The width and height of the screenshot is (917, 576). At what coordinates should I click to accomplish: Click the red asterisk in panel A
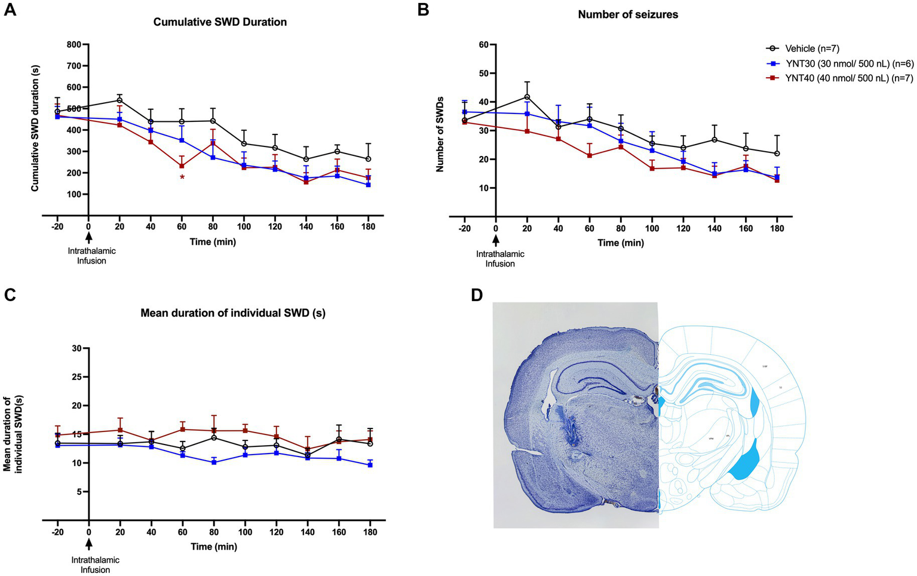182,178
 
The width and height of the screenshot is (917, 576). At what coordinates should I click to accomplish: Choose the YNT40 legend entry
839,78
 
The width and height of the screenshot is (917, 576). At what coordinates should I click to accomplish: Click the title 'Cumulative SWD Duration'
220,22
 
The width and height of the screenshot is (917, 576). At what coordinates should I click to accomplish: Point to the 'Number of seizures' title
628,14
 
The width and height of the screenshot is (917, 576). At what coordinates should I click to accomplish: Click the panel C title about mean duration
233,312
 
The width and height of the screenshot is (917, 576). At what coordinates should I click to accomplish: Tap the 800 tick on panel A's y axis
75,44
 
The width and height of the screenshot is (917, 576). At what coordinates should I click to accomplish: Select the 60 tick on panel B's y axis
484,45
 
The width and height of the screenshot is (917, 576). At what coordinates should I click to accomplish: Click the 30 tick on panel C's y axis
76,348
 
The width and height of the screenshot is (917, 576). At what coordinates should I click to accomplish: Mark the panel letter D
476,295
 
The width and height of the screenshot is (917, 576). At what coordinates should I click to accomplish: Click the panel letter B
423,10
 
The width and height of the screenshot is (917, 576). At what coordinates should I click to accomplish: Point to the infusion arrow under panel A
88,237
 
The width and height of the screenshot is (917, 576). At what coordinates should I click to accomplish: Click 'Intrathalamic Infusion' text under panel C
96,565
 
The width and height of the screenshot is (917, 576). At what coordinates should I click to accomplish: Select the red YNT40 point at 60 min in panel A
182,166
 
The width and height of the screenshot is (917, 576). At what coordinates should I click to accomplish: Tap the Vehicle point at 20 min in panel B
527,97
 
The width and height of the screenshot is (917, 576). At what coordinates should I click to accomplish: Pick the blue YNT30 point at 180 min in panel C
370,464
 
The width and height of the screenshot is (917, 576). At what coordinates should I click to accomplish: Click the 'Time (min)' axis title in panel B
621,243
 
